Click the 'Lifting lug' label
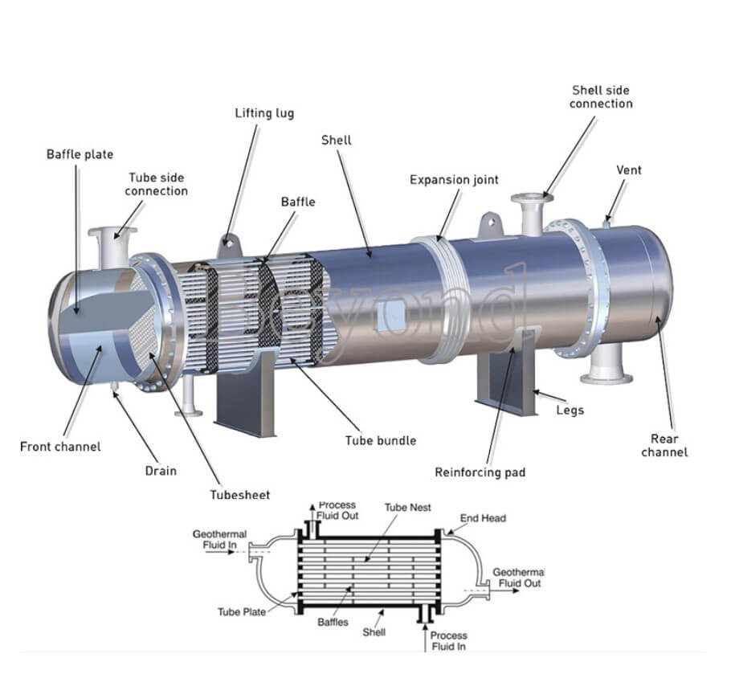pos(264,113)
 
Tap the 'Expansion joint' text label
pos(454,180)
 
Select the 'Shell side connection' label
pos(601,97)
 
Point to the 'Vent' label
pos(629,170)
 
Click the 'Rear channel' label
pos(664,445)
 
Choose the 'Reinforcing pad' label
pos(480,472)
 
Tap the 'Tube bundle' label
pos(381,440)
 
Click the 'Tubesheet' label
pos(240,495)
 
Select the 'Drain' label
pos(161,471)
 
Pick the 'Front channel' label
pos(60,447)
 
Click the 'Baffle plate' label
pos(80,154)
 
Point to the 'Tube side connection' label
pos(156,184)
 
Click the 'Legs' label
pos(570,411)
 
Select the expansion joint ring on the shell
pos(438,297)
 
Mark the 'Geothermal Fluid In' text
pos(219,539)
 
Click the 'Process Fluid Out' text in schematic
pos(338,510)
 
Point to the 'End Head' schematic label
pos(483,518)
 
